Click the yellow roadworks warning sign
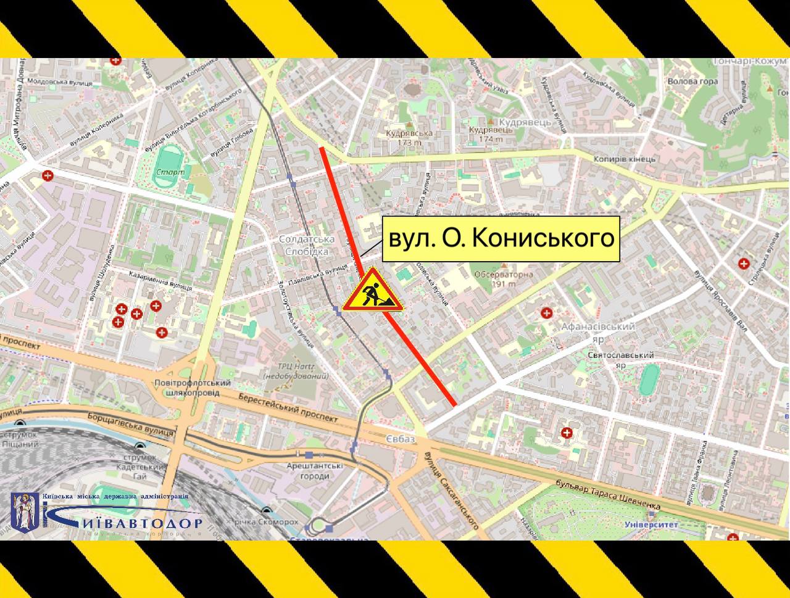(x=373, y=291)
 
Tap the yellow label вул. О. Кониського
(x=501, y=239)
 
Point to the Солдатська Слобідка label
(x=307, y=245)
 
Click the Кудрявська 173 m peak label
(x=409, y=137)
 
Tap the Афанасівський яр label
(x=597, y=332)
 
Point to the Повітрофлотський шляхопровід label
(x=193, y=388)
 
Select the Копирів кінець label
(x=625, y=159)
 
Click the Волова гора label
(x=693, y=81)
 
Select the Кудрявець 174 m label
(x=491, y=134)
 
